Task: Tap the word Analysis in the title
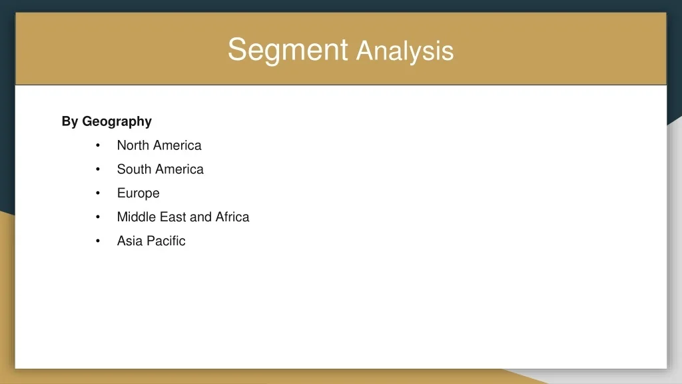(405, 51)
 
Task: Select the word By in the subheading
(69, 121)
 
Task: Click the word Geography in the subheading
(117, 122)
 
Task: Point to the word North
(133, 145)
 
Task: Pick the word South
(134, 169)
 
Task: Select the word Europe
(139, 194)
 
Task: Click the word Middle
(136, 217)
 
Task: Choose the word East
(172, 217)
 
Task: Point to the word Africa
(232, 217)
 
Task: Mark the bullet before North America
(98, 145)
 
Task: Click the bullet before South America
(98, 169)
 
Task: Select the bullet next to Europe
(98, 193)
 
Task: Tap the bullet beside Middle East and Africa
(98, 217)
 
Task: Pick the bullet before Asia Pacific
(98, 241)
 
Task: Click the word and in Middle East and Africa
(200, 217)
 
